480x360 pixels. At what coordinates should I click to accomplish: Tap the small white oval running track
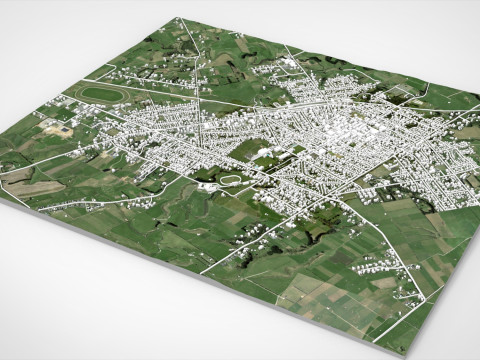tap(231, 180)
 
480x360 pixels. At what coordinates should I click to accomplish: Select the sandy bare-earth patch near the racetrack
tap(57, 128)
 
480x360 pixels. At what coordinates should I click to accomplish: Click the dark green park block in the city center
tap(248, 152)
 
